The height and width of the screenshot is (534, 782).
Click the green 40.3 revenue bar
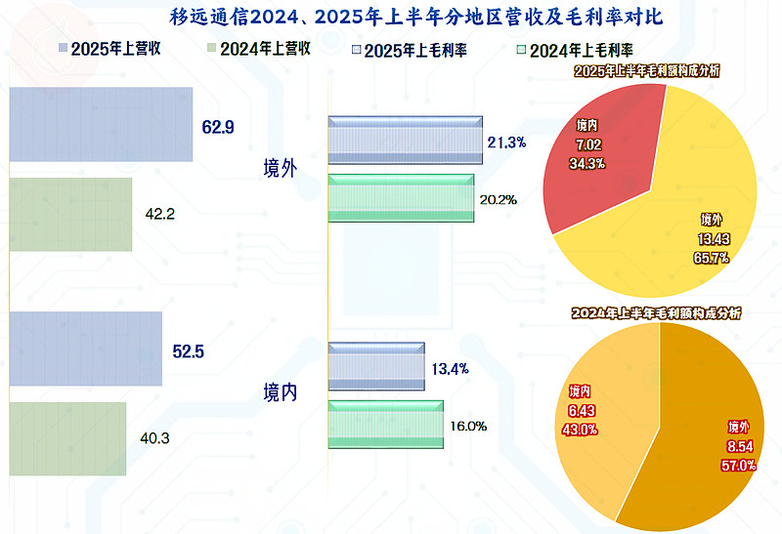[x=67, y=438]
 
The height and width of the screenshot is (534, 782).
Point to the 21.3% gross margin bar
[x=405, y=142]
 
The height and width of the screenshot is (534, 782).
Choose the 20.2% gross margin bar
[x=401, y=198]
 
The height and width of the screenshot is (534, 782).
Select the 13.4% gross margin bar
[x=376, y=367]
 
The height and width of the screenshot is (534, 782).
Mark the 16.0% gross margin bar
[x=386, y=425]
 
